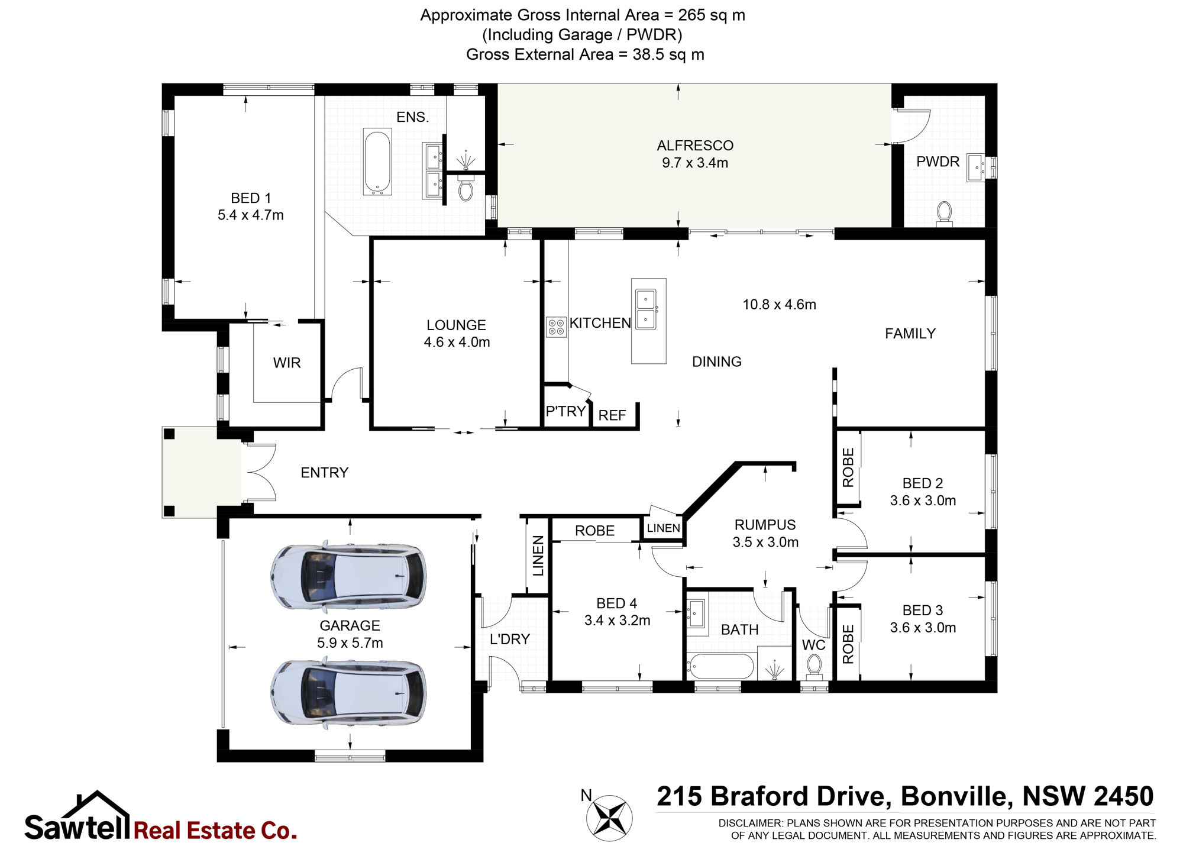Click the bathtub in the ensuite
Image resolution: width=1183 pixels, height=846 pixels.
pyautogui.click(x=377, y=163)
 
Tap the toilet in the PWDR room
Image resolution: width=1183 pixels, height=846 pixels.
pyautogui.click(x=945, y=213)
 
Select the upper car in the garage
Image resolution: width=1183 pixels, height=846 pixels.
pyautogui.click(x=348, y=576)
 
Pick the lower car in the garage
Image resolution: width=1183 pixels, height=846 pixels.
pyautogui.click(x=348, y=692)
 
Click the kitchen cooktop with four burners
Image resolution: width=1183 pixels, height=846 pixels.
pyautogui.click(x=557, y=327)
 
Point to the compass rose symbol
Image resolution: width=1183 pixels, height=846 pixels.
pyautogui.click(x=609, y=818)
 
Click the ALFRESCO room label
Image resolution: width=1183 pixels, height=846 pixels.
pyautogui.click(x=695, y=146)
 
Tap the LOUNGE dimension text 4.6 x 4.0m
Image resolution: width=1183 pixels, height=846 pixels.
pyautogui.click(x=457, y=342)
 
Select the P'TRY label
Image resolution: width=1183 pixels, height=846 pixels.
pyautogui.click(x=565, y=411)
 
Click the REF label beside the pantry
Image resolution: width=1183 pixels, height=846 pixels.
pyautogui.click(x=612, y=415)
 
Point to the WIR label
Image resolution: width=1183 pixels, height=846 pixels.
pyautogui.click(x=287, y=363)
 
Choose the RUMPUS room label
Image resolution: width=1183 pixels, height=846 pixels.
pyautogui.click(x=765, y=525)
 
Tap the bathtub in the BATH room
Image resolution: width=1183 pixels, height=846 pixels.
pyautogui.click(x=720, y=667)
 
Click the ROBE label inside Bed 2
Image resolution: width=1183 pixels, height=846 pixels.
pyautogui.click(x=848, y=467)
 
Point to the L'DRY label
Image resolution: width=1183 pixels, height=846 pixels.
pyautogui.click(x=510, y=639)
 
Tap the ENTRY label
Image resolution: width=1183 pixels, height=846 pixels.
pyautogui.click(x=324, y=473)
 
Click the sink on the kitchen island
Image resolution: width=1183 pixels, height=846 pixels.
pyautogui.click(x=645, y=309)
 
